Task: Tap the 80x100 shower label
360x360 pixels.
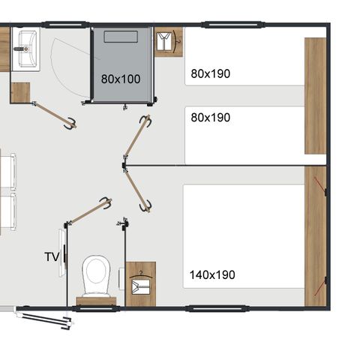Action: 121,77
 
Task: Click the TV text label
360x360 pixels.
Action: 52,256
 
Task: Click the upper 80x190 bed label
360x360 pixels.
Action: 210,73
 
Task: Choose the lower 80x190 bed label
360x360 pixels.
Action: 210,118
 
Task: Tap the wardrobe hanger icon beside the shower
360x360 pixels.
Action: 167,42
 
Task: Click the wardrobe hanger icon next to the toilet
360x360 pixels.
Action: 140,284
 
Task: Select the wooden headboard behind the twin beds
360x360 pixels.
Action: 315,96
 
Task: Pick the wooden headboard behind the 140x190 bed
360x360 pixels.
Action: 315,235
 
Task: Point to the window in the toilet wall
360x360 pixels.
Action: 95,307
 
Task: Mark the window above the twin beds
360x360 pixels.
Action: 224,25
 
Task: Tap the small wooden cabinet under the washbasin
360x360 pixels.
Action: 20,92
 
